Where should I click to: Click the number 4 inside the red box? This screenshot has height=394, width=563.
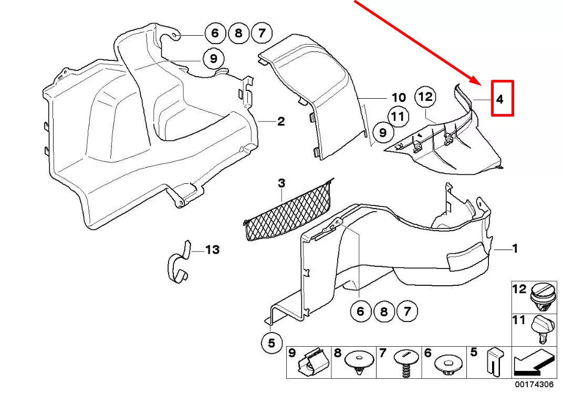[501, 99]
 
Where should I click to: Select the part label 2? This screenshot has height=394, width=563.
[281, 122]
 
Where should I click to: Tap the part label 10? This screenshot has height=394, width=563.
[399, 98]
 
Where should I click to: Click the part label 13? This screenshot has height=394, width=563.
[212, 250]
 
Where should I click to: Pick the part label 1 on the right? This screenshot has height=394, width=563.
[515, 248]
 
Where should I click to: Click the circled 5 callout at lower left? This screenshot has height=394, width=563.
[272, 344]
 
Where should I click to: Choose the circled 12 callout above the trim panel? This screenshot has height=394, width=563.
[426, 97]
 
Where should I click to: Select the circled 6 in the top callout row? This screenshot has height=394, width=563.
[214, 35]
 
